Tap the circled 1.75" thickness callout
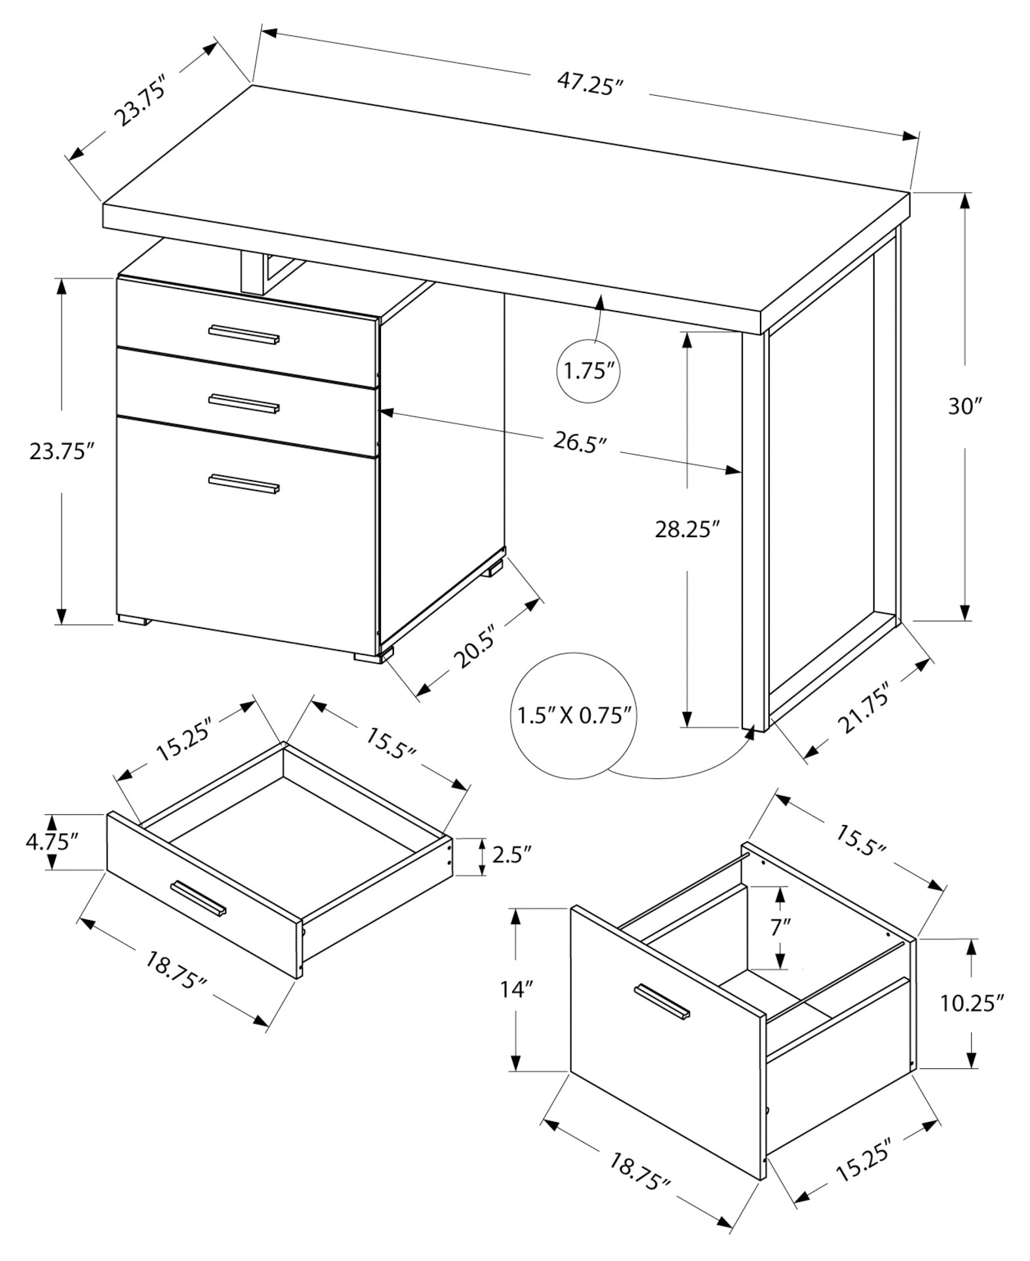pos(588,372)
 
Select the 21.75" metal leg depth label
pos(863,709)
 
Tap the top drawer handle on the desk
pos(244,334)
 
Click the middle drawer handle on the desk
pos(244,403)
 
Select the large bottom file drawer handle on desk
pos(244,483)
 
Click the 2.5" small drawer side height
pos(510,856)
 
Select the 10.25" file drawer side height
pos(972,1003)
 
